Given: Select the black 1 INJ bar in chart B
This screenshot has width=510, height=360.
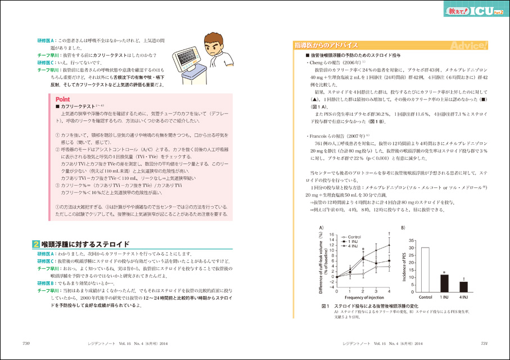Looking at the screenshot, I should pos(444,281).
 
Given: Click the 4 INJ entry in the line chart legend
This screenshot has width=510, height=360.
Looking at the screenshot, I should pos(353,246).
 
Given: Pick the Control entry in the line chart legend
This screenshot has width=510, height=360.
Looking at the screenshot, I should pos(353,237).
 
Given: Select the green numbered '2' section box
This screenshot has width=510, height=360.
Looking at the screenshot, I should pos(35,245).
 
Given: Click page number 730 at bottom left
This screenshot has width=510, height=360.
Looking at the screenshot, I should pos(26,343).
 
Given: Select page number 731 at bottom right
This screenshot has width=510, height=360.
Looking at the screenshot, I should pos(484,343).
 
